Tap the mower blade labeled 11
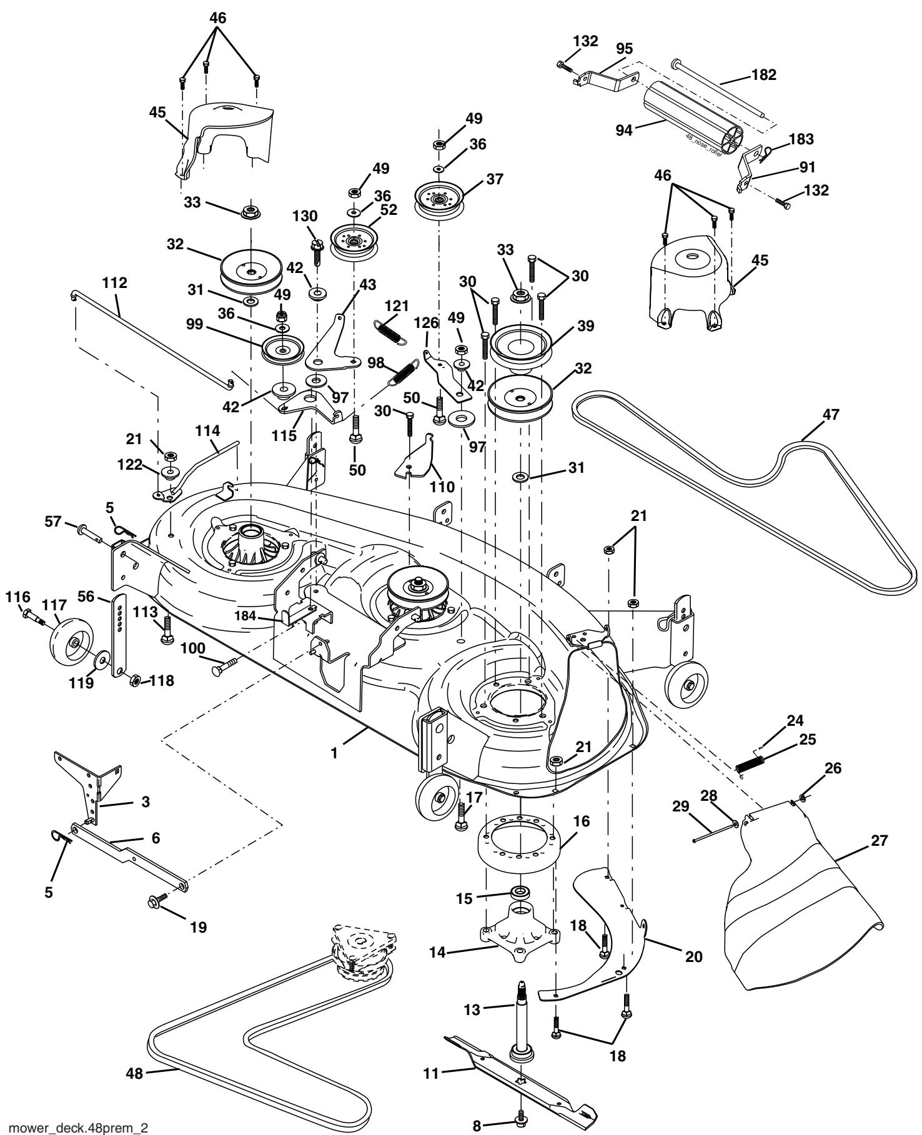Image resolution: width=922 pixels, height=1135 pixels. (520, 1075)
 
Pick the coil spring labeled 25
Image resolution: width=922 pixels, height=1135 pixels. (751, 764)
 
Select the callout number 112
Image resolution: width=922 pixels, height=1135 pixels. (114, 282)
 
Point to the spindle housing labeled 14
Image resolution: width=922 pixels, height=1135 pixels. (518, 934)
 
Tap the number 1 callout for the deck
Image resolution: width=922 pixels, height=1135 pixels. (335, 754)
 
